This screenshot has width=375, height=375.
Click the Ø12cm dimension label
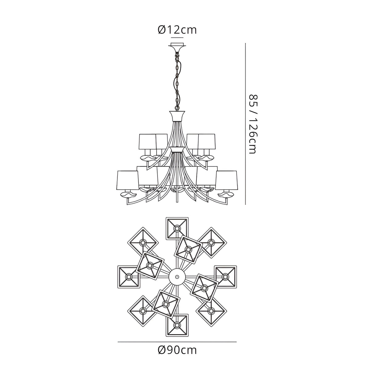coord(177,30)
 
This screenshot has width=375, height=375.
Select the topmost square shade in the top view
coord(177,229)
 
